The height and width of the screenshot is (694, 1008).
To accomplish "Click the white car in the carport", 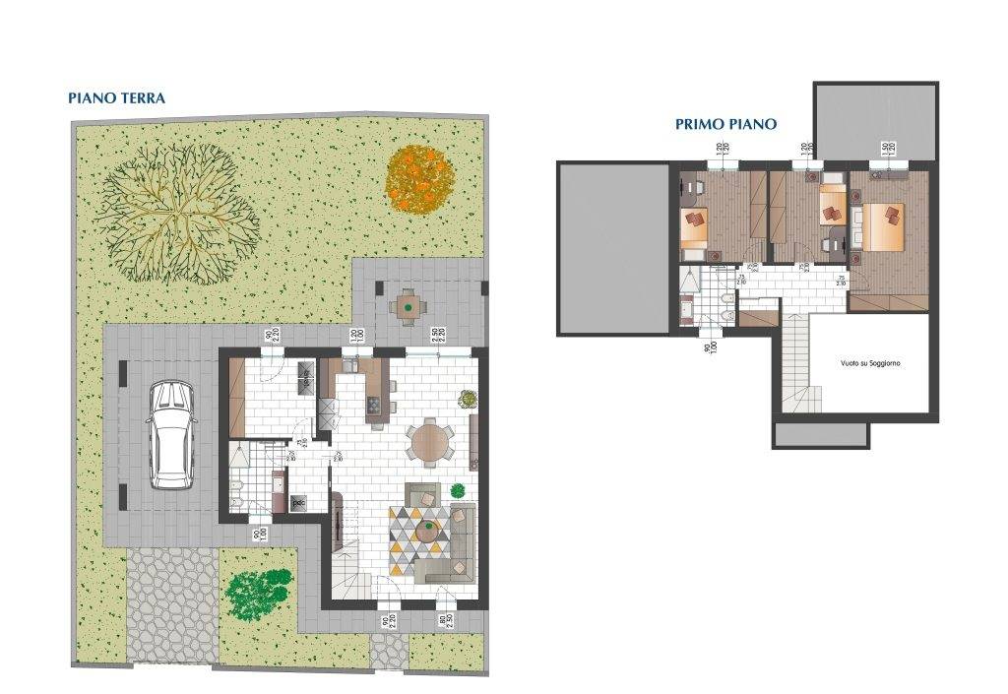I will [171, 435].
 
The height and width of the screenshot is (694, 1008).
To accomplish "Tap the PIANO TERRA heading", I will [116, 98].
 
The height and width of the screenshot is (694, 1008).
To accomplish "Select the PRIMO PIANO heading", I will [725, 124].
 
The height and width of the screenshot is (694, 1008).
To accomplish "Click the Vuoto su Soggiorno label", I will [870, 363].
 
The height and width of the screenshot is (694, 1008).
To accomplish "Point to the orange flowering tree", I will [418, 178].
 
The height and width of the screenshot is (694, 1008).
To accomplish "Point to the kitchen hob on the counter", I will [374, 405].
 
